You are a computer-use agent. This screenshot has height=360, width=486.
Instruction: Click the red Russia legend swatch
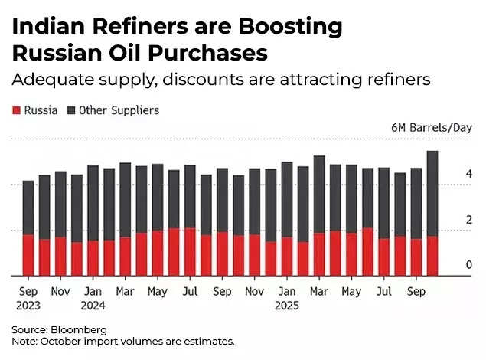coord(16,110)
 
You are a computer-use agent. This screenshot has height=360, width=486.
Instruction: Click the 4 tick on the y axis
coord(468,175)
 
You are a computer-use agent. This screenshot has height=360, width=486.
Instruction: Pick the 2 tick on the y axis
coord(468,220)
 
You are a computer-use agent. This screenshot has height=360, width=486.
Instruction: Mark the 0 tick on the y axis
coord(468,265)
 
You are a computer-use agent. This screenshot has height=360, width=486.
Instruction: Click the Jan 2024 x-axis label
coord(93,298)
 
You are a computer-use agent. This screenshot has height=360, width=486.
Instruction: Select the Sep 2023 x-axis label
coord(28,298)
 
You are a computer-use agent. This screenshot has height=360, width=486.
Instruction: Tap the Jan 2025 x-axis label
coord(287,298)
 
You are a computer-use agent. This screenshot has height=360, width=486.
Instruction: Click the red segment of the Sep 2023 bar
coord(28,255)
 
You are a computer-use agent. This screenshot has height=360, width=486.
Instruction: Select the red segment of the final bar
coord(432,256)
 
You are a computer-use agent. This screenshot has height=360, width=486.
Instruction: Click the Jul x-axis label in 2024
coord(190,292)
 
